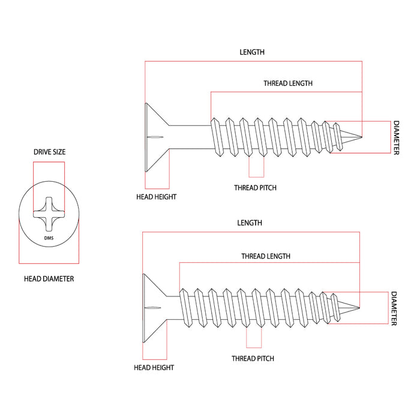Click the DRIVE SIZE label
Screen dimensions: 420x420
coord(49,152)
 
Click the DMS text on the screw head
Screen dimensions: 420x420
coord(49,239)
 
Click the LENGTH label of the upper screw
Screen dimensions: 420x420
coord(252,52)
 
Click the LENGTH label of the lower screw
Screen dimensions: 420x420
coord(250,223)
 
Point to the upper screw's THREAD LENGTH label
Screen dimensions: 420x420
coord(288,83)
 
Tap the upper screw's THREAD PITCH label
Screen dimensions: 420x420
coord(256,188)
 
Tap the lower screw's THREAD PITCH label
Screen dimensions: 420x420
coord(253,358)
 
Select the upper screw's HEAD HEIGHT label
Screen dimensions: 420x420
coord(156,197)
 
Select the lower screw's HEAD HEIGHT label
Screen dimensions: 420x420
coord(154,367)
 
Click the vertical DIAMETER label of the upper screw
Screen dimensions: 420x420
coord(396,137)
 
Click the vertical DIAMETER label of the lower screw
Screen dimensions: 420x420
coord(394,308)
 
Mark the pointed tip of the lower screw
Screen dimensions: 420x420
coord(358,308)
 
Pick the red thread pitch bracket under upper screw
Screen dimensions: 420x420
coord(256,168)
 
